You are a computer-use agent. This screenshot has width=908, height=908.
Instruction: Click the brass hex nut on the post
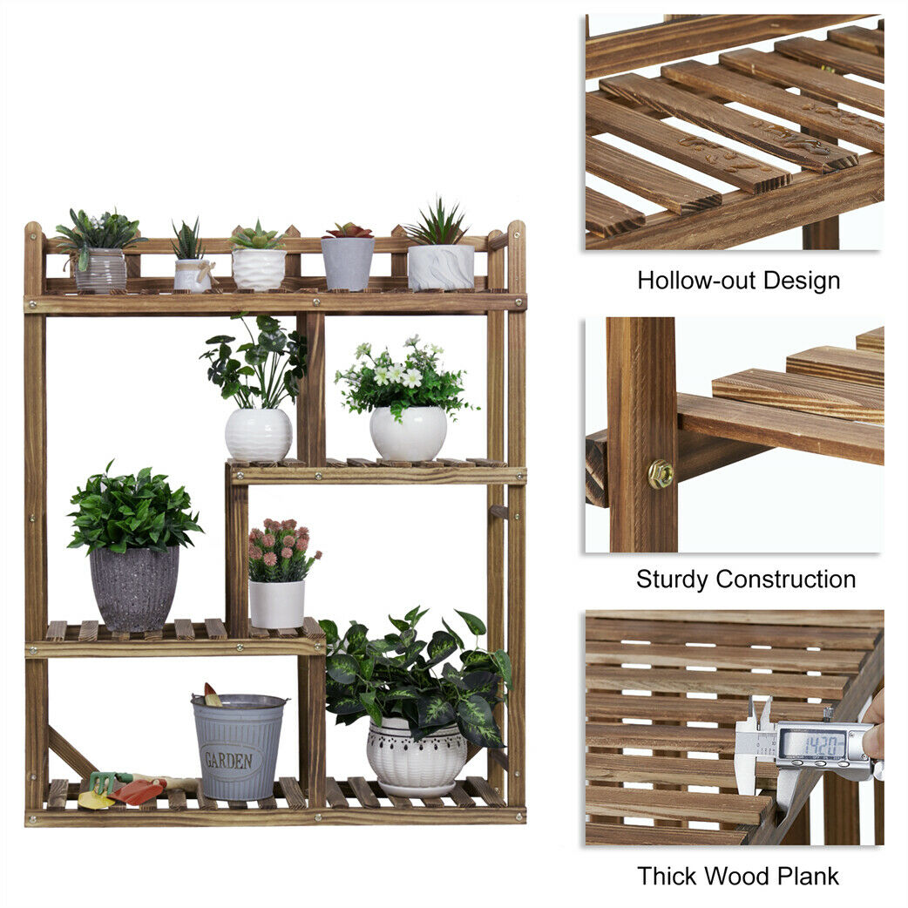661,474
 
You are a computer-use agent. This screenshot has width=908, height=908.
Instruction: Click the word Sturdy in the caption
674,579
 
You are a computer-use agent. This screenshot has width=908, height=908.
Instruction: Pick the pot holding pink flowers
277,603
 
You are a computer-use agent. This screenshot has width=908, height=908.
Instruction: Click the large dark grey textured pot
134,588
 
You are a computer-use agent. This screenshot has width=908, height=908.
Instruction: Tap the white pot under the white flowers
409,433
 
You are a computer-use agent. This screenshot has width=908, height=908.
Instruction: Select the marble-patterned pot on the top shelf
441,267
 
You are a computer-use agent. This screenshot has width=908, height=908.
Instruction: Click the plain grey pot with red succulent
348,263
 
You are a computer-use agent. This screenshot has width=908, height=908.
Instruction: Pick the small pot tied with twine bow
193,274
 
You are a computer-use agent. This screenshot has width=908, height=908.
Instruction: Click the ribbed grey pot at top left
101,270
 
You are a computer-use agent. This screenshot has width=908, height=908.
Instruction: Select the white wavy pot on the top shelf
259,269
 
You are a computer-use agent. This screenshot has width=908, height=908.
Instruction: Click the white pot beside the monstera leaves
258,434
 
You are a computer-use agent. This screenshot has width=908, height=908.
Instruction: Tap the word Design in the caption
802,281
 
